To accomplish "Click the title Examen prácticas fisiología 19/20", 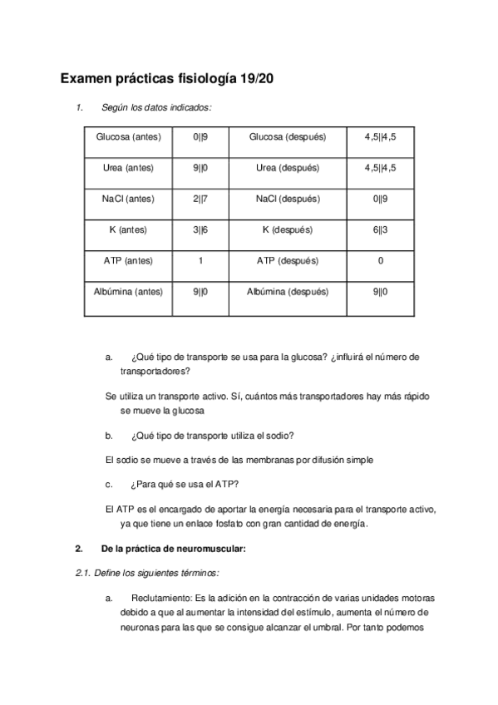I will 166,79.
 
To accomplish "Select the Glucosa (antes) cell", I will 129,136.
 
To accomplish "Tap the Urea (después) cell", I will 288,167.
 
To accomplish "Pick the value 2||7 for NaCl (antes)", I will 200,199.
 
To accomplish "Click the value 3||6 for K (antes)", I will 200,229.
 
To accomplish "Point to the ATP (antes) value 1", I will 200,260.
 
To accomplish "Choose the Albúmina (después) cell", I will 288,292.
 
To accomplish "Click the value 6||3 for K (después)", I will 380,229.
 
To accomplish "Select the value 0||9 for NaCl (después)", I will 380,199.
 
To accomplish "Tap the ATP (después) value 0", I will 380,260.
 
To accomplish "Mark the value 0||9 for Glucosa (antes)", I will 200,136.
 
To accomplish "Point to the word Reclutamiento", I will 160,599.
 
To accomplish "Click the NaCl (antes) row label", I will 129,199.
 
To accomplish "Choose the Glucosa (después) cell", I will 288,136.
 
